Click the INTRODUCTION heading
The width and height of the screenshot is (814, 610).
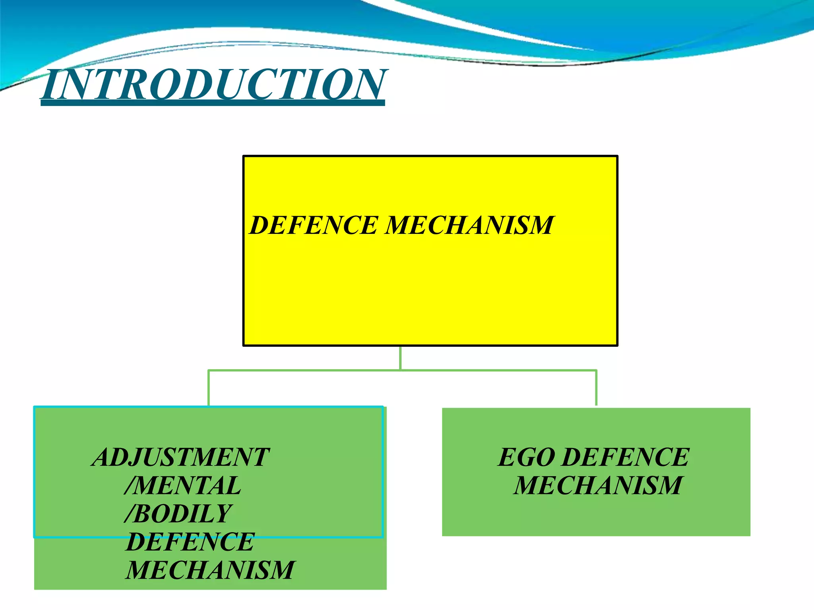point(213,84)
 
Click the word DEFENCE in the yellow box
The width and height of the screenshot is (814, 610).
point(314,225)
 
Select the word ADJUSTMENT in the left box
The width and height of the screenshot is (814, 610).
point(181,457)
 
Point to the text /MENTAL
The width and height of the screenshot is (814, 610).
point(183,485)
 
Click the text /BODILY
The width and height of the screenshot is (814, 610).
point(178,513)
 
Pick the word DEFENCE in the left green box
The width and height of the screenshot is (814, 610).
point(190,542)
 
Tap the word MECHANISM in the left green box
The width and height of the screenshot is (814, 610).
point(210,570)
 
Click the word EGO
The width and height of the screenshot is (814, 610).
point(527,457)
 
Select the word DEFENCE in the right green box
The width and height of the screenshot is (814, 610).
point(626,457)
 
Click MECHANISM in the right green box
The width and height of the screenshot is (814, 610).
point(598,485)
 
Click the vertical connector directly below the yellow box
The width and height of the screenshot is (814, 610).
point(400,357)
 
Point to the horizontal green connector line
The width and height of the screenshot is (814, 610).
point(497,371)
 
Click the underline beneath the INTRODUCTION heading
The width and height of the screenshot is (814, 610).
point(213,103)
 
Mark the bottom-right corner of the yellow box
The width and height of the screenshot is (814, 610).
point(617,345)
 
